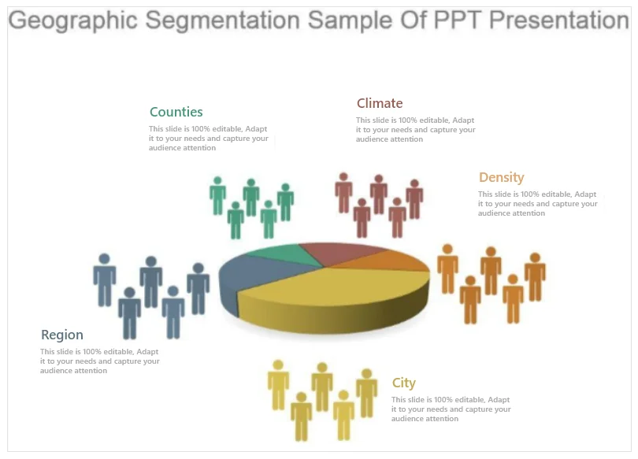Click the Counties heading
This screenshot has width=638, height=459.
(x=176, y=112)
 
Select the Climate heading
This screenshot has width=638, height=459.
(x=380, y=103)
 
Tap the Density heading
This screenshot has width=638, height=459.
(x=501, y=178)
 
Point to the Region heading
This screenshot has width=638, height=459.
(x=62, y=335)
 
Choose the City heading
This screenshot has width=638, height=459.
(x=403, y=383)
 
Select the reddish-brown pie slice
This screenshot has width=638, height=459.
(x=339, y=252)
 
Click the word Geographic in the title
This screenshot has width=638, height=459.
(x=73, y=20)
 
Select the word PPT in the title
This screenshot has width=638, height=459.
(x=458, y=20)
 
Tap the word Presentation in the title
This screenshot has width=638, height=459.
(x=559, y=20)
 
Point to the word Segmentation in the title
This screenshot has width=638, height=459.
(x=223, y=20)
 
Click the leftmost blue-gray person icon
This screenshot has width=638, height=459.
(x=105, y=279)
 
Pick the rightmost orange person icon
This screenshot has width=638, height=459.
(x=535, y=277)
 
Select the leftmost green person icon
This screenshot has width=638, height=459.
(x=217, y=195)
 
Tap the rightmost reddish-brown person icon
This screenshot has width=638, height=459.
(x=414, y=199)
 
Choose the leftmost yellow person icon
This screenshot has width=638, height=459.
(x=278, y=385)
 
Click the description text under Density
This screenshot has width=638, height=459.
(x=537, y=204)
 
